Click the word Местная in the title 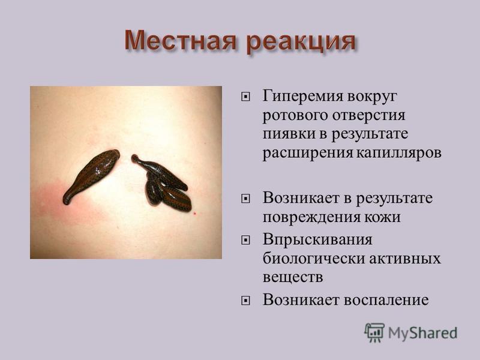181,40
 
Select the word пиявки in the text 289,134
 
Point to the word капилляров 398,153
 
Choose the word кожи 383,217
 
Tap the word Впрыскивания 317,239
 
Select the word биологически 313,259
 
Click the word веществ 293,278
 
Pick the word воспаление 386,300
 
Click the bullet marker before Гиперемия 245,97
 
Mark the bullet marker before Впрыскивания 245,241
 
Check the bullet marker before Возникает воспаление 245,301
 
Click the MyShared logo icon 374,332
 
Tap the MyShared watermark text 423,333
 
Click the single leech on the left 91,176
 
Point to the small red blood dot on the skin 194,213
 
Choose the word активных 404,259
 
